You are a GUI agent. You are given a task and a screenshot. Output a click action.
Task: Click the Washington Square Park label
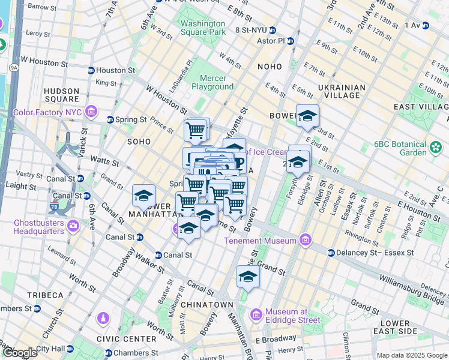pos(202,28)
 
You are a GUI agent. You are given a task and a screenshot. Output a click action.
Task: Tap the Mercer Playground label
pos(212,83)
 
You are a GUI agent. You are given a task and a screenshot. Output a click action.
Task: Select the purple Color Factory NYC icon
pos(91,111)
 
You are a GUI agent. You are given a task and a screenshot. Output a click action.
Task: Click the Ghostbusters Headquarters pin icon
pos(73,226)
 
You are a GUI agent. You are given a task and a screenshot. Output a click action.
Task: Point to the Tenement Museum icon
pos(306,241)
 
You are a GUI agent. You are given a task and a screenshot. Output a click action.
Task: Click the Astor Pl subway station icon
pos(291,41)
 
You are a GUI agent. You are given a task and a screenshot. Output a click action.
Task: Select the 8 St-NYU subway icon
pos(273,29)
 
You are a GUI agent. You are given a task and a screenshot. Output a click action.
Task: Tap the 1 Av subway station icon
pos(426,25)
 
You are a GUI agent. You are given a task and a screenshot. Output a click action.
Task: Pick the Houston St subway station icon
pos(91,70)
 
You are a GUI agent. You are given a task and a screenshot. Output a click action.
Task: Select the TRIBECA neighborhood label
pos(45,295)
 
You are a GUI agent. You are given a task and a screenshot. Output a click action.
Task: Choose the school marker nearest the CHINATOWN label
pos(247,277)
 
